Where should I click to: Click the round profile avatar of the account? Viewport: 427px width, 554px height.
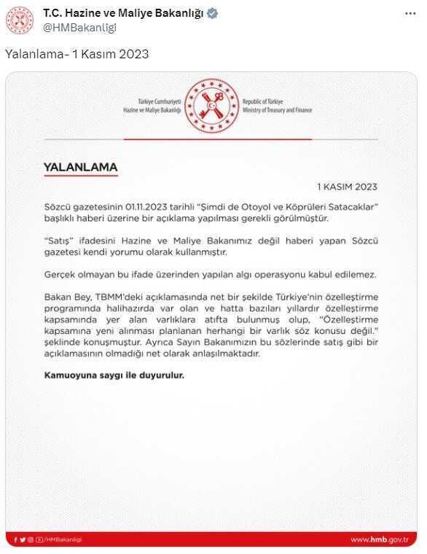coord(20,20)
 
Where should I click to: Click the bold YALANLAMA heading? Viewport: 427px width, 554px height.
coord(80,166)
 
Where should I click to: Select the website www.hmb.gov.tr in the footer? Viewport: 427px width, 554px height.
coord(380,540)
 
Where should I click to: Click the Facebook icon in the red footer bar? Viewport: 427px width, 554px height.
coord(15,540)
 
